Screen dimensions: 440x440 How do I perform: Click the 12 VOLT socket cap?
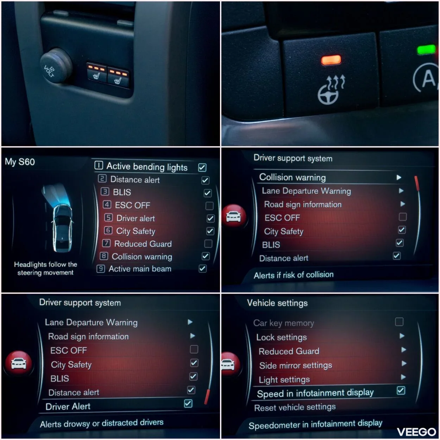pyautogui.click(x=56, y=66)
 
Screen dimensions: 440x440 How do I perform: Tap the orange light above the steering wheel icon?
pyautogui.click(x=331, y=60)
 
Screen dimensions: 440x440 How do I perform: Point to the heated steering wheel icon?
pyautogui.click(x=331, y=89)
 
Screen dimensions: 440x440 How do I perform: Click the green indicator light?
pyautogui.click(x=426, y=50)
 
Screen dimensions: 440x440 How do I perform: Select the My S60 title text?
pyautogui.click(x=20, y=162)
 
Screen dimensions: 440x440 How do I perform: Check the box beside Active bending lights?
pyautogui.click(x=202, y=167)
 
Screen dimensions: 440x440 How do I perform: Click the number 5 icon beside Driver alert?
pyautogui.click(x=108, y=218)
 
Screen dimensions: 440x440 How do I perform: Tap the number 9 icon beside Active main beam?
pyautogui.click(x=101, y=269)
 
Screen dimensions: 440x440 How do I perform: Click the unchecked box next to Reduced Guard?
pyautogui.click(x=208, y=243)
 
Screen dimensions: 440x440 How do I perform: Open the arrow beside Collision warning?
pyautogui.click(x=399, y=177)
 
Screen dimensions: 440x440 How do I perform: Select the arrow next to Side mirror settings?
pyautogui.click(x=404, y=363)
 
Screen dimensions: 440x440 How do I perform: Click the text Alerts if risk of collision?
pyautogui.click(x=294, y=275)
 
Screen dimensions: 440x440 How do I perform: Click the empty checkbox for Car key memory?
pyautogui.click(x=399, y=322)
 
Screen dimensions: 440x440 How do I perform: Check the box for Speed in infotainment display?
pyautogui.click(x=401, y=390)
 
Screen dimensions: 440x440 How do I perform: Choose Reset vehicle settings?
pyautogui.click(x=295, y=407)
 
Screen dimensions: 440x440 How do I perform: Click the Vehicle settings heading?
pyautogui.click(x=277, y=303)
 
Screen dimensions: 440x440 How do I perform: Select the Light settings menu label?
pyautogui.click(x=284, y=379)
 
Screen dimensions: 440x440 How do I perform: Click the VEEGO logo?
pyautogui.click(x=416, y=432)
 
